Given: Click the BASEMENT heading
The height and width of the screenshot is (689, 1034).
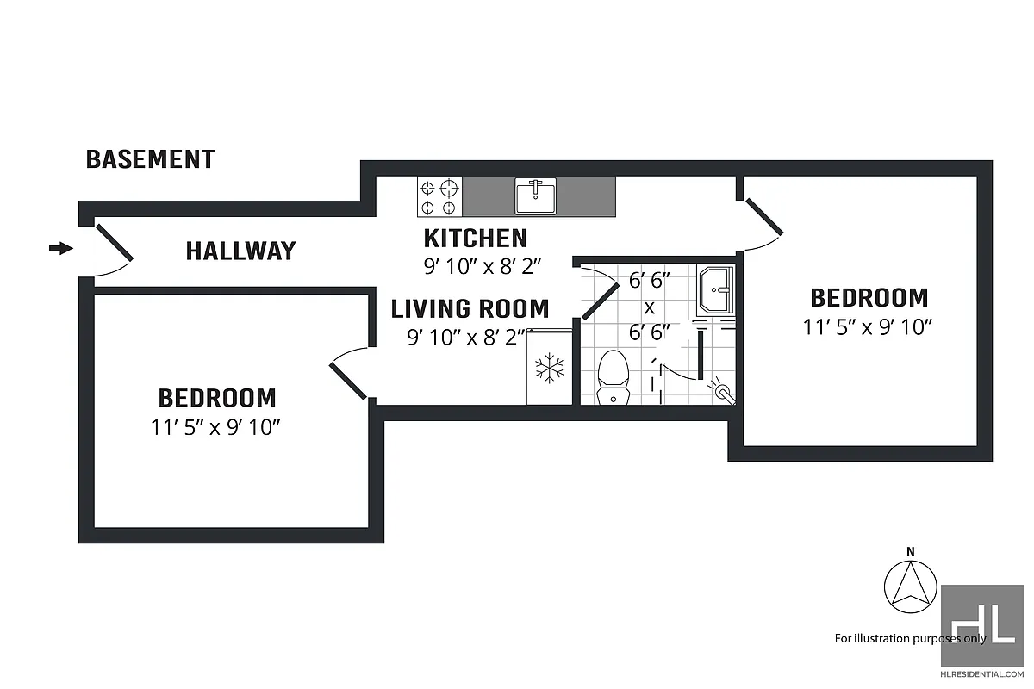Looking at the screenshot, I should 150,159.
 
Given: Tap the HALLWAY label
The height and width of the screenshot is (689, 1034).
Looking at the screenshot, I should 240,251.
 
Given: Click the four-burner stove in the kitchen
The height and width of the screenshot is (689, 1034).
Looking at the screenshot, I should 439,197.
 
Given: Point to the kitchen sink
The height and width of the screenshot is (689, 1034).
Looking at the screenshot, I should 535,196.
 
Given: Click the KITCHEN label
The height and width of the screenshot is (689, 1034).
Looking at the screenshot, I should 475,238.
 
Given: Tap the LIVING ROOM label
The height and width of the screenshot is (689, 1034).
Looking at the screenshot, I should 470,308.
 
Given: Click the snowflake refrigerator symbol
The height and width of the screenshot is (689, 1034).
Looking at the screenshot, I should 549,369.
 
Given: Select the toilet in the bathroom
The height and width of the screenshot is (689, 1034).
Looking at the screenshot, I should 613,377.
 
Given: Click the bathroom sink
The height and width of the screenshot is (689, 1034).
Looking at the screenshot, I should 716,289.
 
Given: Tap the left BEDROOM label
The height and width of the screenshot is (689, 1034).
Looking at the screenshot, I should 217,398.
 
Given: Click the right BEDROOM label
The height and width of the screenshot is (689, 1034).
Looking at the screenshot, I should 869,298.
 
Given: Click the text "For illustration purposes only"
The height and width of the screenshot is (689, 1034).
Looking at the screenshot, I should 909,638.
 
